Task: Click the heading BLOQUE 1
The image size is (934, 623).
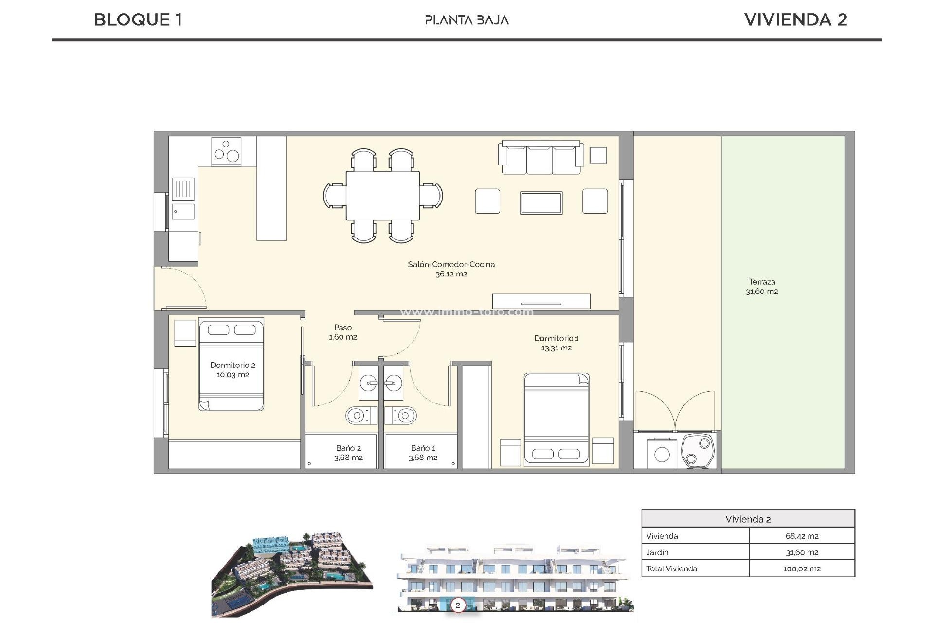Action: [138, 20]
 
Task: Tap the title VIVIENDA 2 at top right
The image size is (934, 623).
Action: [795, 20]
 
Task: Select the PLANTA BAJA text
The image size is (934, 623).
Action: [467, 20]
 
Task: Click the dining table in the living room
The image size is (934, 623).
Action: [383, 195]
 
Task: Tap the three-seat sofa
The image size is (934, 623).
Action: [540, 158]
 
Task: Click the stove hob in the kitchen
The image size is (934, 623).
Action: [226, 151]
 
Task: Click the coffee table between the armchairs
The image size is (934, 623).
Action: [541, 202]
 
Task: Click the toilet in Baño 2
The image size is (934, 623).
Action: [359, 416]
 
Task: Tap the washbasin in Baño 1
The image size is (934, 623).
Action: [393, 384]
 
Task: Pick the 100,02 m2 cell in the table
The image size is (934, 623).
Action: [802, 568]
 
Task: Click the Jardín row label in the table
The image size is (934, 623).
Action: [657, 552]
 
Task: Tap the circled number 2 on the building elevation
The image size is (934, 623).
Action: [457, 605]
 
